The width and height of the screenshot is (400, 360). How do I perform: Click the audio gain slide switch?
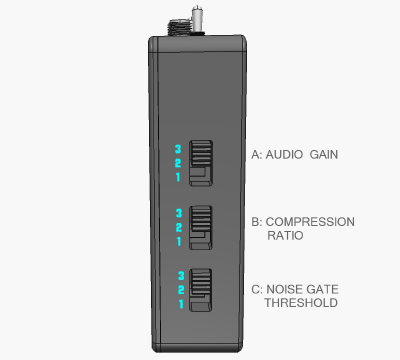point(202,162)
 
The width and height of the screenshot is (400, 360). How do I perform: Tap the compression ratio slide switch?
point(202,227)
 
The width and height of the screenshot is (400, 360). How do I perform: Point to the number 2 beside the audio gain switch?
point(178,163)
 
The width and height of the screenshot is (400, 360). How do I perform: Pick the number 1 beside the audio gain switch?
point(178,177)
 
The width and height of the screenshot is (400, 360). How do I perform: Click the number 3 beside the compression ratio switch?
point(178,213)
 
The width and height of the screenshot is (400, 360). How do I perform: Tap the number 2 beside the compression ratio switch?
point(178,227)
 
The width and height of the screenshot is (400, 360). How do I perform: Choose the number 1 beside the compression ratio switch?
point(178,241)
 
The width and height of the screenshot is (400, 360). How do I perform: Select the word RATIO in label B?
point(286,237)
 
